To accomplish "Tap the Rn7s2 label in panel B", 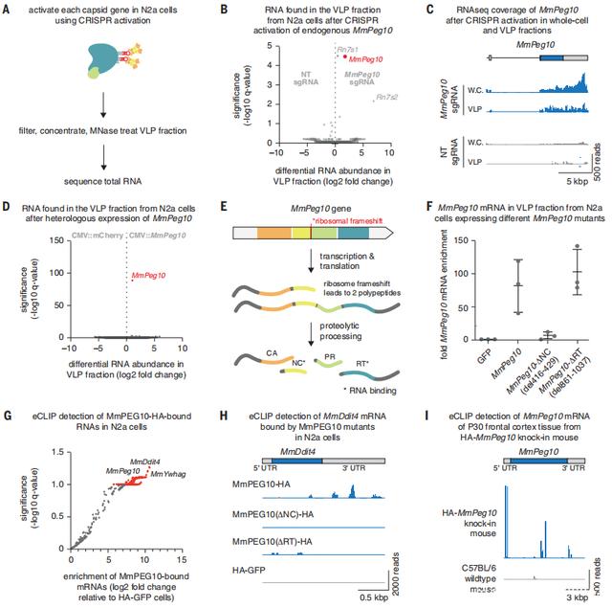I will pos(386,97).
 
